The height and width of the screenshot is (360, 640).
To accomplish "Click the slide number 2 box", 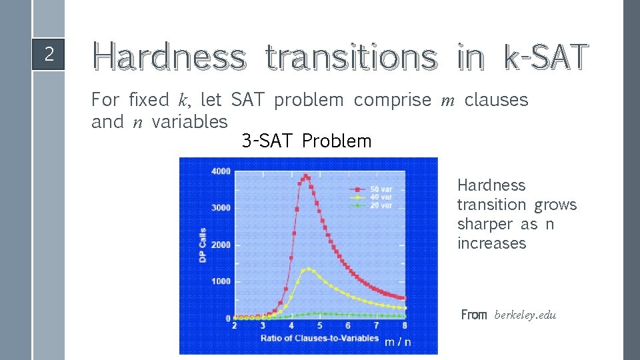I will [49, 54].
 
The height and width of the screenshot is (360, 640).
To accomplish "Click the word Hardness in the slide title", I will [169, 57].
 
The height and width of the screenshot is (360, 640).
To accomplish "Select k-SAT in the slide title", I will [546, 57].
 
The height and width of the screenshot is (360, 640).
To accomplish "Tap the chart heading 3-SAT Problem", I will [307, 141].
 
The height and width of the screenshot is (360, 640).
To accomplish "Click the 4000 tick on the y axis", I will [221, 171].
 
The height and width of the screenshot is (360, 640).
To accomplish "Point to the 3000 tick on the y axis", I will [221, 208].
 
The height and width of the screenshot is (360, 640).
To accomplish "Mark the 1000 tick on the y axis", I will [221, 281].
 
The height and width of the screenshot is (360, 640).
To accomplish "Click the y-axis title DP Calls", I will [203, 245].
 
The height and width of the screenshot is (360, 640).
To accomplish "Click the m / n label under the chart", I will [398, 342].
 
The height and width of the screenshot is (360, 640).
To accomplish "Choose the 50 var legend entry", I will [381, 189].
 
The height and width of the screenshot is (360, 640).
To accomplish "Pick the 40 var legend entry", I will [381, 197].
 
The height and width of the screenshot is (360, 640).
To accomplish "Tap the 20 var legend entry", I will [381, 205].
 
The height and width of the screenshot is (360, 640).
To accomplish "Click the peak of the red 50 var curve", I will [305, 176].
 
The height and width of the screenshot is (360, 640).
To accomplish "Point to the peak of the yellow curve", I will [307, 269].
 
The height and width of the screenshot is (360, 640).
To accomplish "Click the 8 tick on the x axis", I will [405, 325].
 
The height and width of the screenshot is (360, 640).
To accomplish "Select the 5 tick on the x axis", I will [319, 325].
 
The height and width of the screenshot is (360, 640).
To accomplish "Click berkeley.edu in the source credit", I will [525, 315].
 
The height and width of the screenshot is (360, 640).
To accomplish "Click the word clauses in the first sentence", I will [496, 100].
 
